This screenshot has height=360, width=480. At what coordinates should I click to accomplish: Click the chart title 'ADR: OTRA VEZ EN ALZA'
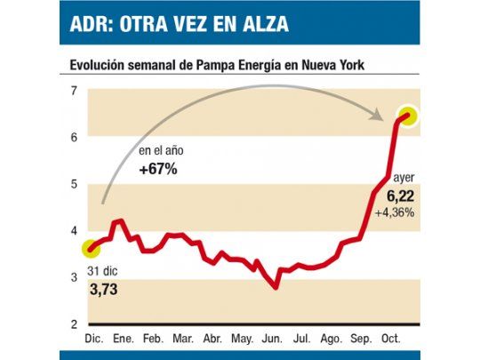coord(180,24)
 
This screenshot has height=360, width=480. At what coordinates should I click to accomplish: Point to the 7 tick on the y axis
coord(74,90)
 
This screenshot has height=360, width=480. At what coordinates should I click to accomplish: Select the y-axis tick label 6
coord(74,136)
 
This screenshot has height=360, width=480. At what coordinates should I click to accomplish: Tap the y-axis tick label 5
coord(74,184)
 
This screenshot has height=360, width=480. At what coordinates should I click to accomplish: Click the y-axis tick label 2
coord(74,324)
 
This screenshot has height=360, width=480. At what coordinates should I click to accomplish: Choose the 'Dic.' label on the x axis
coord(93,340)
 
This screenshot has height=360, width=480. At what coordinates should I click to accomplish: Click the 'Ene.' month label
coord(124,340)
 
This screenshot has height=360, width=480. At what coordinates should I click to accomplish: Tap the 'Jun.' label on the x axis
coord(274,340)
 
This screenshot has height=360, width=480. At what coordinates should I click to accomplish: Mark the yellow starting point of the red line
coord(90,249)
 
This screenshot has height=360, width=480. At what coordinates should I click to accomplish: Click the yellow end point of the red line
coord(408,116)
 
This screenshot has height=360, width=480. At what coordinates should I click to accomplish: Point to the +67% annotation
coord(158,169)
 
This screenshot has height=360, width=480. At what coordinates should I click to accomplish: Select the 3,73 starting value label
coord(103,288)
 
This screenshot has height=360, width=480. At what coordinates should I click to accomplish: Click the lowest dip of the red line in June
coord(276,286)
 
